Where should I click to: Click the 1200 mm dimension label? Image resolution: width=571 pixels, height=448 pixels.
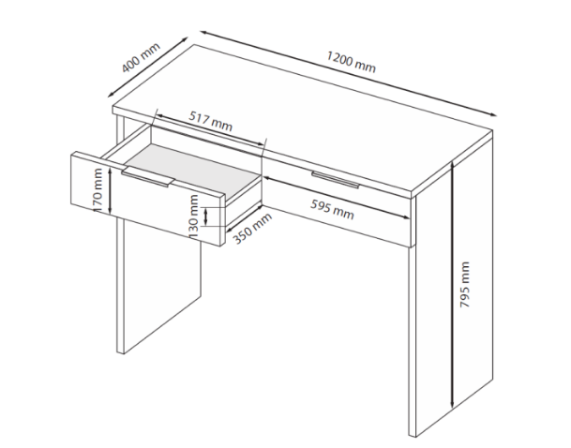point(351,62)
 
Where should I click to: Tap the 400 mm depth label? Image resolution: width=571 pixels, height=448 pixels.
point(141,57)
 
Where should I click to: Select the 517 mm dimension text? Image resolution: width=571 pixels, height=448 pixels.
point(210,121)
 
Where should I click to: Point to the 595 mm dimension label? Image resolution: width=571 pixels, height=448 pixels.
point(332,209)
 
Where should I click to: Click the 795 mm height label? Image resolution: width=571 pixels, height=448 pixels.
point(465,285)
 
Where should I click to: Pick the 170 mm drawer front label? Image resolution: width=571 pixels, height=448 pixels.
point(98,190)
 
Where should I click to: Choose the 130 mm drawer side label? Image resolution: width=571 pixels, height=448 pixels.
point(194,217)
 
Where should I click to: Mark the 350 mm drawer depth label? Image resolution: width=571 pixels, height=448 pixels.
point(252,228)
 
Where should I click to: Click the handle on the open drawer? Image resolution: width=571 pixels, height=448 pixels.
point(148,177)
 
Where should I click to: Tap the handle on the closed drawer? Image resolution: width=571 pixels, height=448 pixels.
point(336,180)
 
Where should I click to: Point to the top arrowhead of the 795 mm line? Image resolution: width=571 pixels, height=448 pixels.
point(452,165)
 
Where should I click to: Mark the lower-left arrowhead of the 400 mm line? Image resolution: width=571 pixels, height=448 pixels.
point(111,95)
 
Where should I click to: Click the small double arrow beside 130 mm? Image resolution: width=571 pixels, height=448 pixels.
point(205,217)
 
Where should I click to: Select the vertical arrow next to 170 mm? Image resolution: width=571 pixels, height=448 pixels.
point(111,190)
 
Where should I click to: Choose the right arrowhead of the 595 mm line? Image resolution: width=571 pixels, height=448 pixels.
point(406,217)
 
